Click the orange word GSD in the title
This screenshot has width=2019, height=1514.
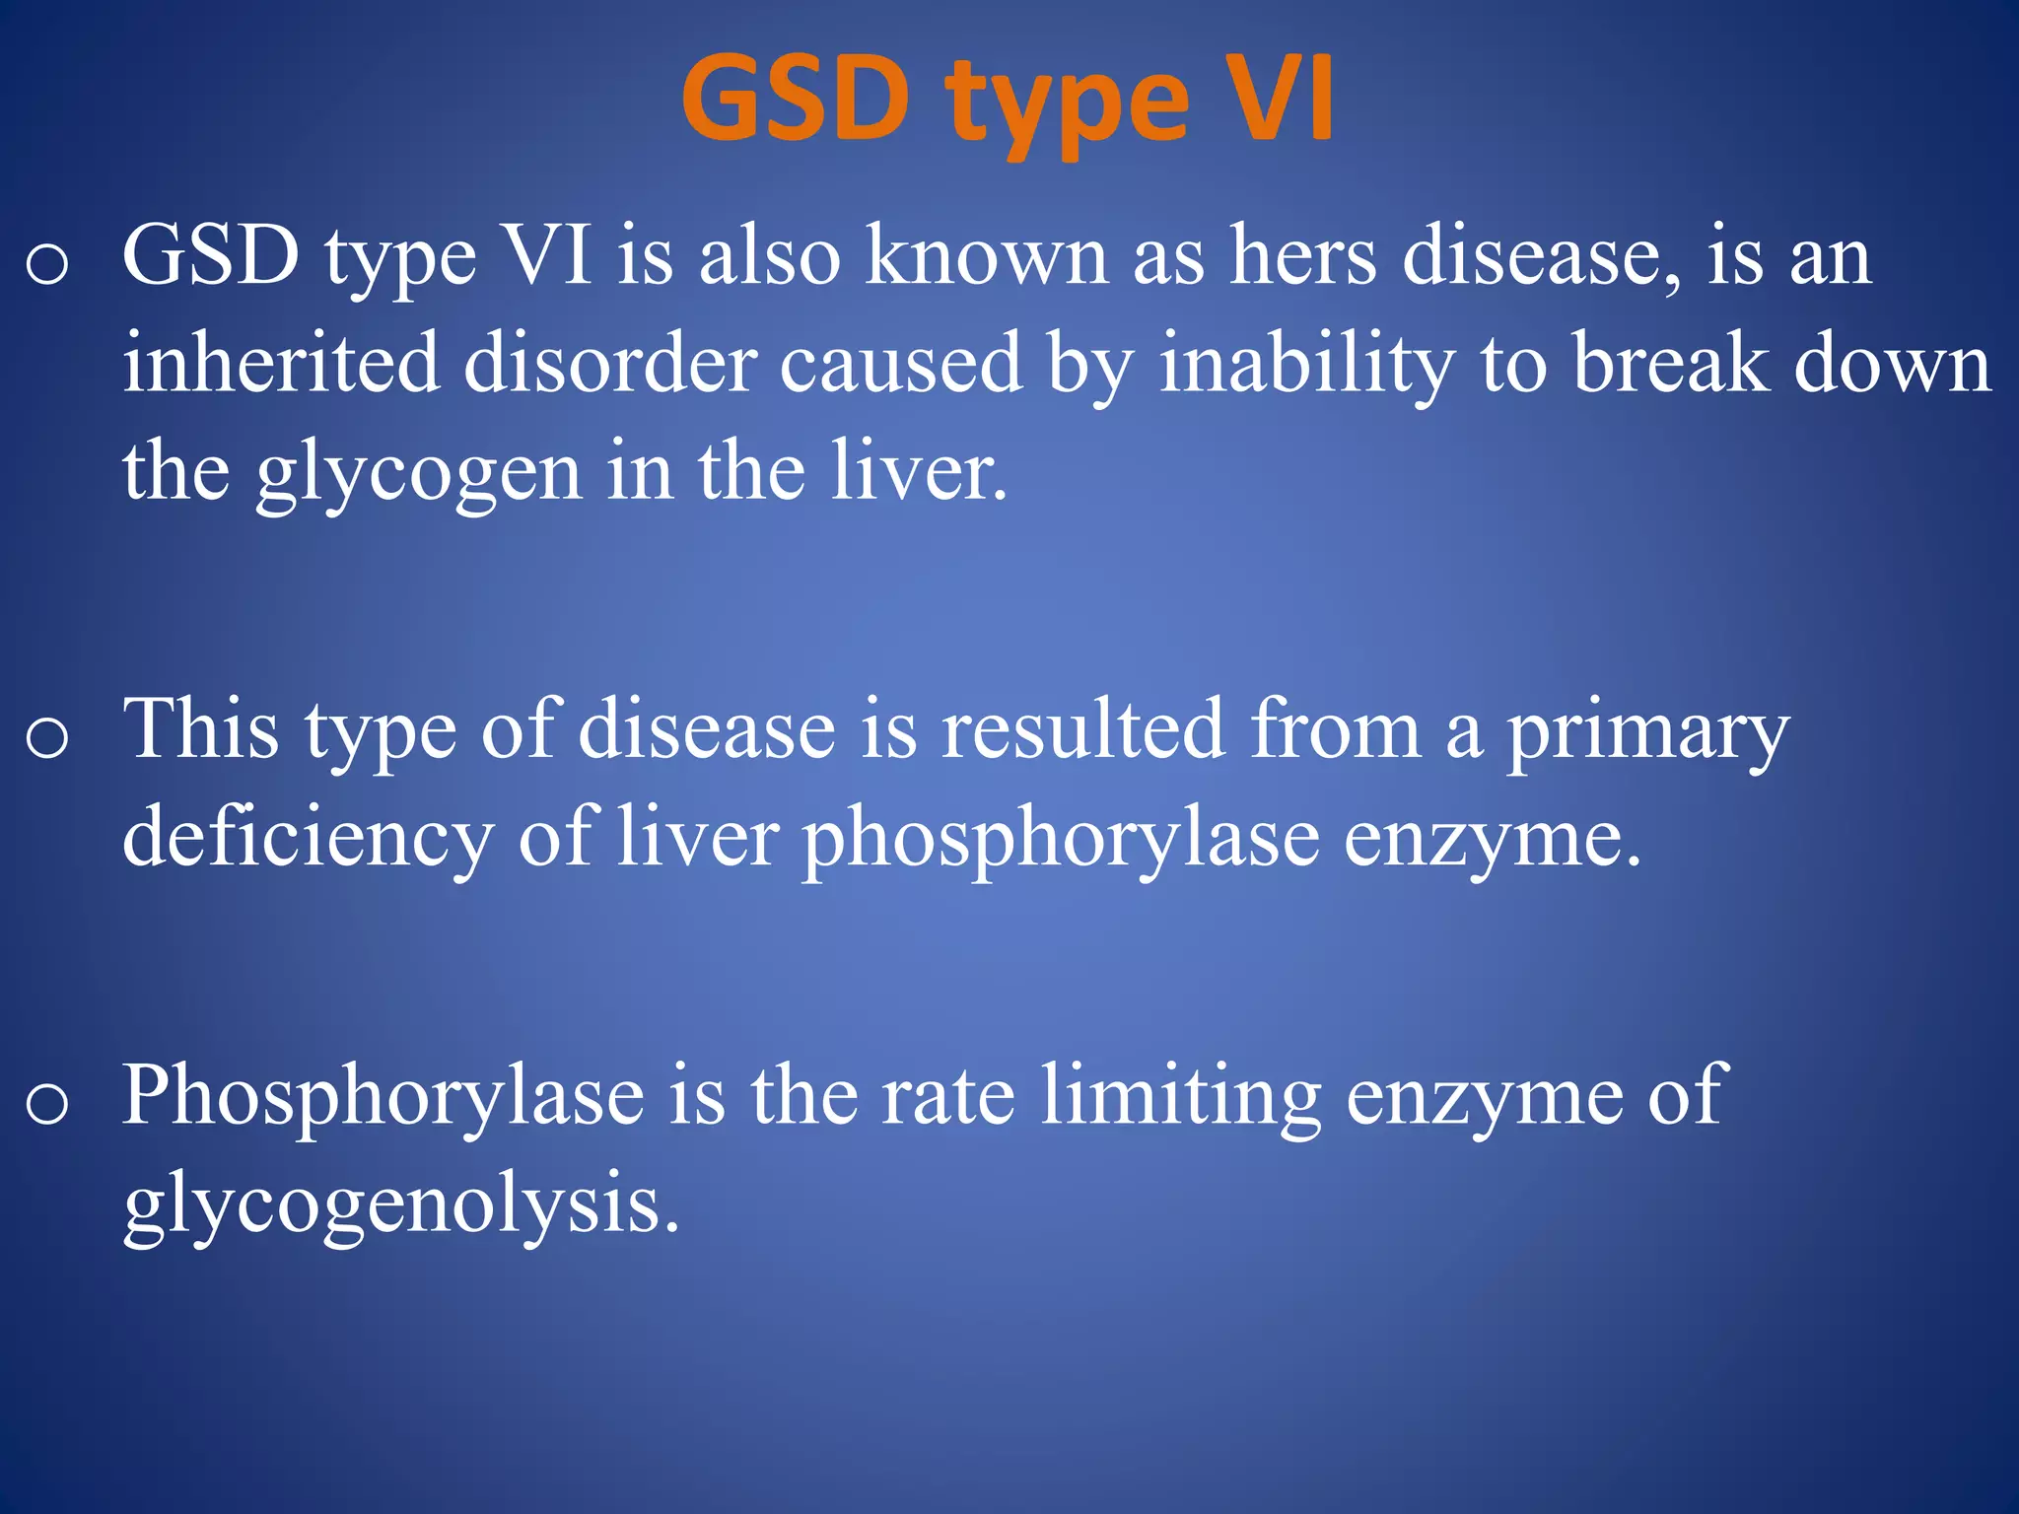click(x=794, y=100)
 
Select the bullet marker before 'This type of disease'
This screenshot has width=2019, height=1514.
click(x=47, y=737)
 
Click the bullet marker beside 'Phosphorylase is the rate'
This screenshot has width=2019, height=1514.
click(x=47, y=1103)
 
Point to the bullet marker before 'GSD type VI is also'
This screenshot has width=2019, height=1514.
click(x=47, y=263)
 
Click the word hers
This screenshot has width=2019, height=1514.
click(x=1302, y=257)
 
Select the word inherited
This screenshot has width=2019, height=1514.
click(x=281, y=363)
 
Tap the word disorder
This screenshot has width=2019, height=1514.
click(x=610, y=363)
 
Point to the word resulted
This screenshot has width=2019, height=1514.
click(x=1082, y=729)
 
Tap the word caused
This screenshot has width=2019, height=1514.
click(x=901, y=363)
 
